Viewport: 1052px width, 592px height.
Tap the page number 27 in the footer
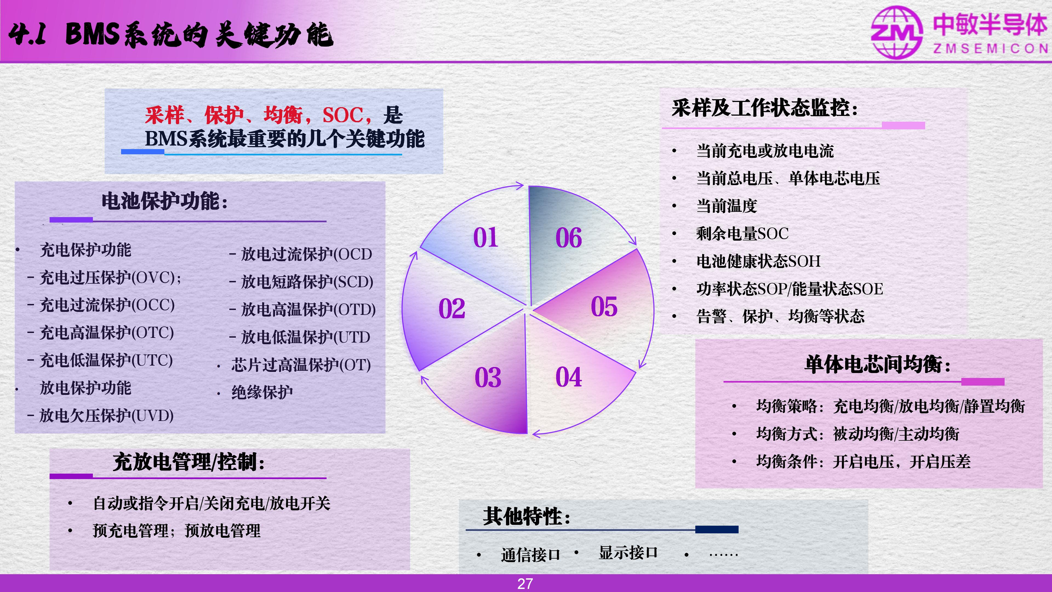point(525,584)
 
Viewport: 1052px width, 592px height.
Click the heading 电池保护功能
point(165,201)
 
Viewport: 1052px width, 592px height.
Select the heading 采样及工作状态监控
point(765,108)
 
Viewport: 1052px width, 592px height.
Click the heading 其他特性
point(527,516)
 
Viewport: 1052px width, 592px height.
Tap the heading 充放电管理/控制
point(189,462)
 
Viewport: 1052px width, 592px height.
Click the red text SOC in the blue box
point(343,115)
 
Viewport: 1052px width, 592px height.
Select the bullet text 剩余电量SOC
point(742,233)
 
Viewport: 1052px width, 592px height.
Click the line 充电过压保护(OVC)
point(105,277)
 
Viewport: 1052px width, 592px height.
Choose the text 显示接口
point(628,552)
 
